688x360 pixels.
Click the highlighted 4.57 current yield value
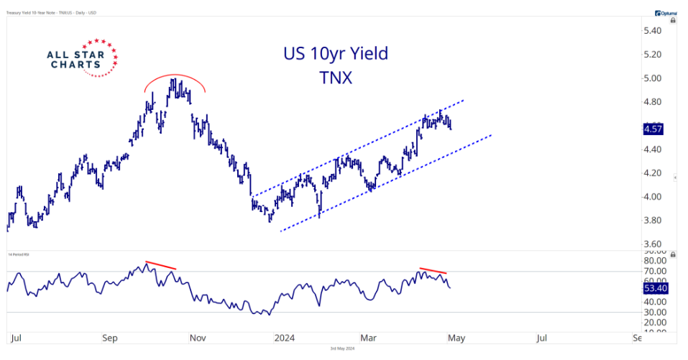point(652,129)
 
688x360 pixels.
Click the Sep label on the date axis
point(110,337)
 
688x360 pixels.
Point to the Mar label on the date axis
point(370,337)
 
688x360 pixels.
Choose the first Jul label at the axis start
point(16,337)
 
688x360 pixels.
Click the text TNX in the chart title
point(336,78)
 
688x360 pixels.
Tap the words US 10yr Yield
point(336,54)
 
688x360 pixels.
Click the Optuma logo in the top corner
point(669,13)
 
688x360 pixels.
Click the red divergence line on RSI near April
point(434,271)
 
